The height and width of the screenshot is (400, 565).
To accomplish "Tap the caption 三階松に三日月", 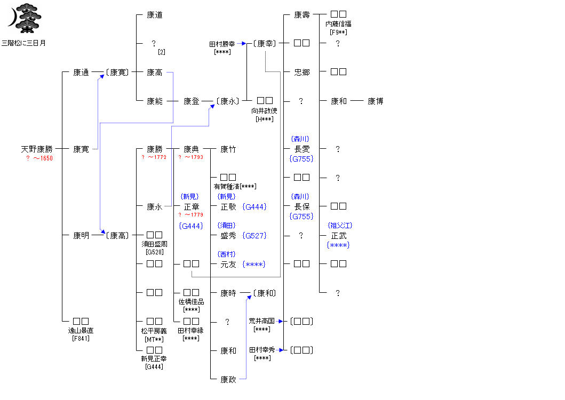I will tap(23, 43).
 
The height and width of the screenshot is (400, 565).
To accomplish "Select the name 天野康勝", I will tap(37, 149).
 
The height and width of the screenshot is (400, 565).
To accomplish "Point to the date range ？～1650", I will tap(39, 158).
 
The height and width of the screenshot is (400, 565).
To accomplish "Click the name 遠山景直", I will tap(81, 331).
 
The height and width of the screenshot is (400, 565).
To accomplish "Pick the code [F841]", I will tap(81, 338).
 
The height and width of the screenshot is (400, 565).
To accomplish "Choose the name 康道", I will tap(155, 15).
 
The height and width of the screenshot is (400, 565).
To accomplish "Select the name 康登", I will tap(192, 101).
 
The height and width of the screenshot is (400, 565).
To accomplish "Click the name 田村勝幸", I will tap(222, 44).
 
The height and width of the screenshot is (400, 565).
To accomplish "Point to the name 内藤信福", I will tap(338, 24).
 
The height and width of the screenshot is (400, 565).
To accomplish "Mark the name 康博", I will tap(375, 101).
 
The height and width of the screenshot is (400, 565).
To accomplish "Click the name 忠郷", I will tap(302, 72).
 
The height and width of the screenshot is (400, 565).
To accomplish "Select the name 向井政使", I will tap(265, 111).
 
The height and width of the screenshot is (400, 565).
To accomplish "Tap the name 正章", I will tap(192, 207).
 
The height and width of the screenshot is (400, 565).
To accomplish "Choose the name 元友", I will tap(228, 264).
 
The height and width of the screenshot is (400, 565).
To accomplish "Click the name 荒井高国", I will tap(261, 321).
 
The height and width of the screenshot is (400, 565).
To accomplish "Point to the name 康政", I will tap(228, 379).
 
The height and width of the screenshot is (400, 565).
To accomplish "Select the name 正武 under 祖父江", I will tap(339, 236).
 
